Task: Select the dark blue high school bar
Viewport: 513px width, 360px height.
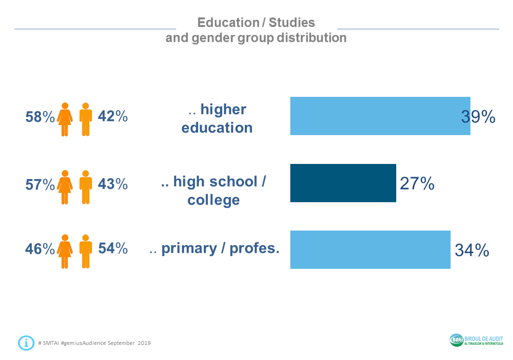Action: (343, 183)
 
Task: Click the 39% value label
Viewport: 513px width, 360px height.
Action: (478, 117)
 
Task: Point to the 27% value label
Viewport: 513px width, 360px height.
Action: (417, 183)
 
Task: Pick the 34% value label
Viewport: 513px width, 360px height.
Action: (471, 250)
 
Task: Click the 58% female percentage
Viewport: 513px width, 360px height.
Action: (40, 117)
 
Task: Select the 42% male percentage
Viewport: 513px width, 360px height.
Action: (113, 116)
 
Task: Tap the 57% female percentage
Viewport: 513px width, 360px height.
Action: (40, 185)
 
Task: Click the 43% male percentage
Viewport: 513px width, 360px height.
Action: (113, 184)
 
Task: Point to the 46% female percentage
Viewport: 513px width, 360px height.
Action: (40, 249)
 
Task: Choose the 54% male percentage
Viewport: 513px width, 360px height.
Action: (113, 248)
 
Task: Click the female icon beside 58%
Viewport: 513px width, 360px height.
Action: (65, 120)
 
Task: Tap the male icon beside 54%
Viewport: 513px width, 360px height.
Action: (86, 251)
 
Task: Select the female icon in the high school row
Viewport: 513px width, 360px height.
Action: (65, 187)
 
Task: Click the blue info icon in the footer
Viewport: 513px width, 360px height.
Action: (26, 343)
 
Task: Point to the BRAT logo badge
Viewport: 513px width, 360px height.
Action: (457, 340)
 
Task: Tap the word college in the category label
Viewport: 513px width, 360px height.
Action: (213, 200)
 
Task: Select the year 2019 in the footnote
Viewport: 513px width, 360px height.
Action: (144, 343)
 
